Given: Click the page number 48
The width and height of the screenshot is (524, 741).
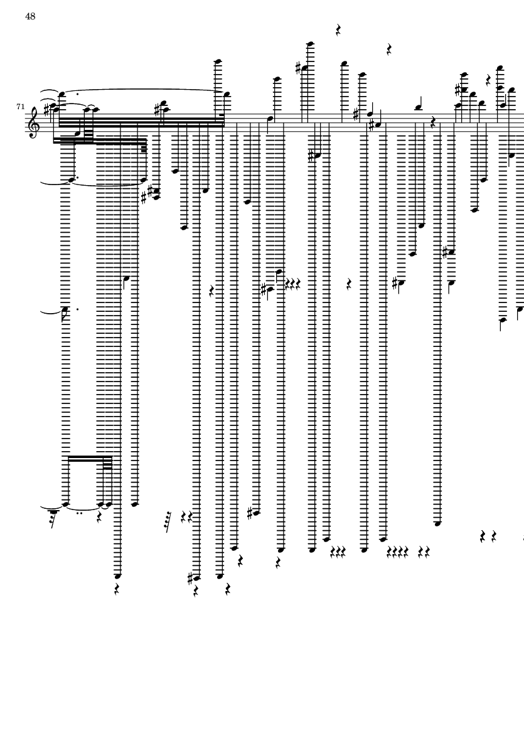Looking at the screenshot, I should pos(30,17).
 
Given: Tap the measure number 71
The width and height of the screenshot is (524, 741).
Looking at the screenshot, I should pos(20,107).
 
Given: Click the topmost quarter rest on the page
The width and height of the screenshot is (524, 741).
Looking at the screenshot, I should pos(338,30).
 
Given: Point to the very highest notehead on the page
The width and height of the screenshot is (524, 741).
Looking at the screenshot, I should pos(309,44).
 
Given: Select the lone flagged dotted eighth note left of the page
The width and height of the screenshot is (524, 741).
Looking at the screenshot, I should pos(65,309).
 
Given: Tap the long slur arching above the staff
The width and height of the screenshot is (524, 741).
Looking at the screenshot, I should pos(144,90).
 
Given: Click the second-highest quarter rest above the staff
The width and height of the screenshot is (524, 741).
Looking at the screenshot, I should pos(389,49).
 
